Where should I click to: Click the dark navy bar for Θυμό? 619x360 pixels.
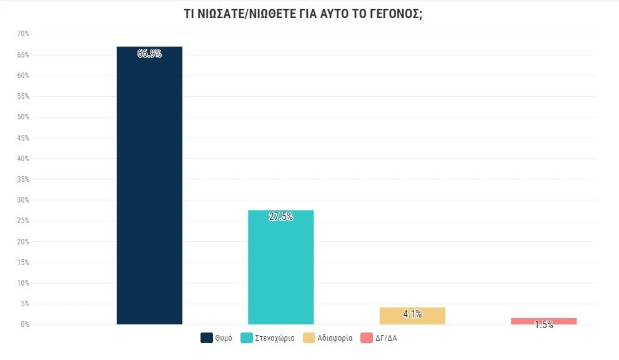pos(149,187)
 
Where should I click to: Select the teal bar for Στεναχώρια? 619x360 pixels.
pos(280,269)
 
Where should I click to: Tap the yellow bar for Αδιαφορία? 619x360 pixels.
pos(412,316)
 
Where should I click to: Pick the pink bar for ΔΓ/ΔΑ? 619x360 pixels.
pos(543,321)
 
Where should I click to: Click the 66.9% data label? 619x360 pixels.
pos(149,54)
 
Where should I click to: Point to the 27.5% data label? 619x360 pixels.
pos(280,217)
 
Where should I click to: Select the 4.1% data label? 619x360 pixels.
pos(412,314)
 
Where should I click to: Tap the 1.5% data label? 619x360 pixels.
pos(543,325)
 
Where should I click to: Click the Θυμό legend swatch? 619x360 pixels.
pos(206,338)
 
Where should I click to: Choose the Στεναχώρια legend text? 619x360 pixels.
pos(275,338)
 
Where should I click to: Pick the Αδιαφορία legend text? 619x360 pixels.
pos(335,338)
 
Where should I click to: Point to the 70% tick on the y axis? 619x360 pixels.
pos(23,34)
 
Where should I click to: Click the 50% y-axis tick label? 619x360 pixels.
pos(23,117)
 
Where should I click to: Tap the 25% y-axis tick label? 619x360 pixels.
pos(23,221)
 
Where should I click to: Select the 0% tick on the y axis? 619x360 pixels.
pos(25,324)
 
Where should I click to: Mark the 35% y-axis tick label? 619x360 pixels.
pos(23,179)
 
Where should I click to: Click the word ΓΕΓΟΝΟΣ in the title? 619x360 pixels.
pos(394,14)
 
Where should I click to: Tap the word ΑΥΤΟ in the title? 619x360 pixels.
pos(325,14)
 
